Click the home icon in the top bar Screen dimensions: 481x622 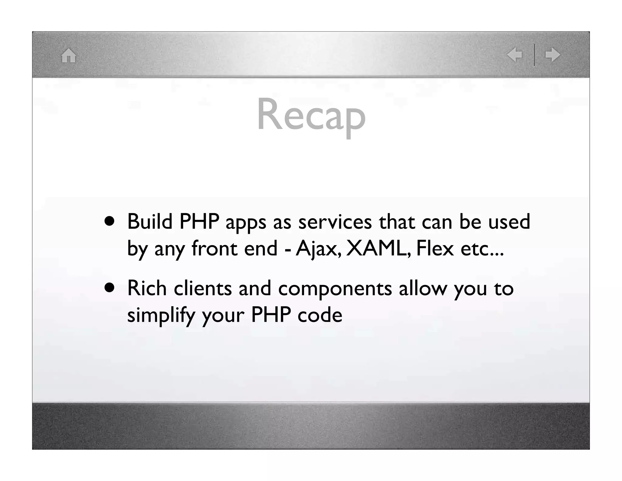point(69,56)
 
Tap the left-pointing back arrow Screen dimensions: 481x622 point(514,55)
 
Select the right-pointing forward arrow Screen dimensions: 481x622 point(553,55)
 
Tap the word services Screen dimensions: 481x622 point(335,222)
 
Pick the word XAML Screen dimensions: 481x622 point(379,248)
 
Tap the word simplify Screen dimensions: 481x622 point(161,315)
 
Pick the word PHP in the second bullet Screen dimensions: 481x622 point(271,315)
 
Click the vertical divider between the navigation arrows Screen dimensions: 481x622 point(534,55)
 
